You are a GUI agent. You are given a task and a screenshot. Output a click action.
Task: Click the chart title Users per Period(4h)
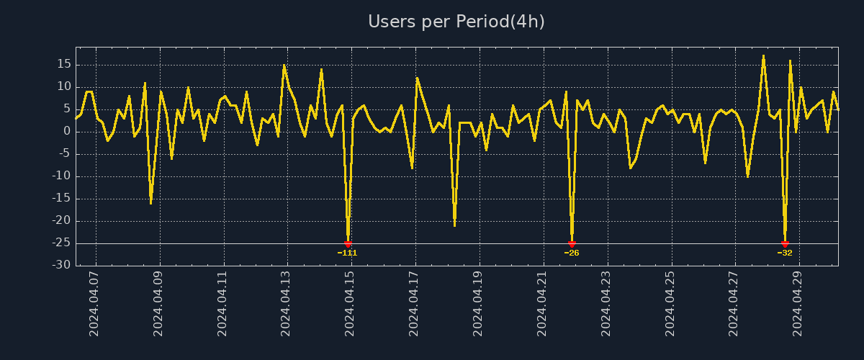click(x=456, y=22)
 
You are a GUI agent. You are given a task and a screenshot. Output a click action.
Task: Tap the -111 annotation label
click(x=347, y=253)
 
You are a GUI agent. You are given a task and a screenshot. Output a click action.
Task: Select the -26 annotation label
click(x=572, y=253)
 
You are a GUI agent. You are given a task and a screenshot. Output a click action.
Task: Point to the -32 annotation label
click(x=785, y=253)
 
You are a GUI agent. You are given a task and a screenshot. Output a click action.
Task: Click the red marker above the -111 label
click(x=348, y=244)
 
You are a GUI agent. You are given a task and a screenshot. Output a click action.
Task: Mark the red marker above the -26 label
click(x=572, y=244)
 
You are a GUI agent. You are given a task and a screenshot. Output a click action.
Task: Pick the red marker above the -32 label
click(x=785, y=244)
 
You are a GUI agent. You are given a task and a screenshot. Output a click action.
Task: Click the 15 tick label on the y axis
click(x=64, y=64)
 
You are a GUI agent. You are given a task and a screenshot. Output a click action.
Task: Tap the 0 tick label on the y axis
click(x=67, y=131)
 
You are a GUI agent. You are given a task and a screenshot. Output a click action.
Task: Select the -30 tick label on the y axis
click(x=62, y=266)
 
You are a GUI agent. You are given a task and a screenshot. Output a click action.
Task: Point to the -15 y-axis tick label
click(x=62, y=199)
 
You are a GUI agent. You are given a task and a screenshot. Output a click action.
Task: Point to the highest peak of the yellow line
click(x=763, y=55)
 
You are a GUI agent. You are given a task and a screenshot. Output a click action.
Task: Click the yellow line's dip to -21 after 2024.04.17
click(x=454, y=225)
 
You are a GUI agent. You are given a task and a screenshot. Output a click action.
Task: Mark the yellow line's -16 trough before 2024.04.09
click(x=150, y=203)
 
